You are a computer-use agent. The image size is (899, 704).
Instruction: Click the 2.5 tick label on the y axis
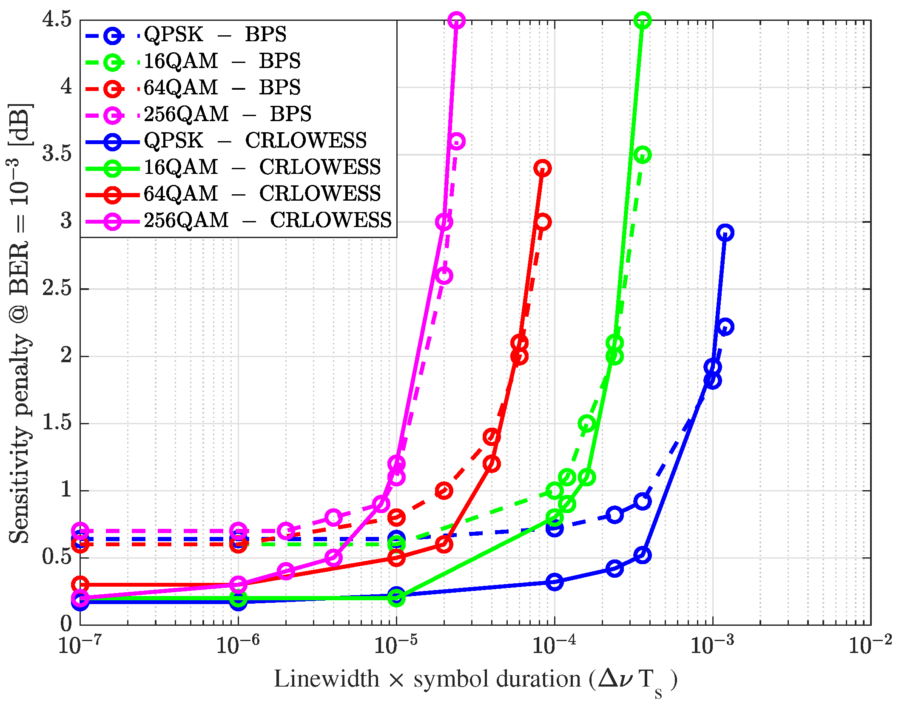coord(57,289)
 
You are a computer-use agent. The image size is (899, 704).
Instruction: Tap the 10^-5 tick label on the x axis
coord(395,645)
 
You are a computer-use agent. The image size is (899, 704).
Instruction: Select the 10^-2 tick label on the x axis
coord(870,645)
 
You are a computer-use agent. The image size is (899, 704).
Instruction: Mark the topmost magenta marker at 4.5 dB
coord(457,20)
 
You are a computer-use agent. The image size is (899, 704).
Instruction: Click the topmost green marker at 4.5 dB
coord(643,20)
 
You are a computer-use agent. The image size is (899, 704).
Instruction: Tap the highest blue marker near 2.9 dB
coord(725,233)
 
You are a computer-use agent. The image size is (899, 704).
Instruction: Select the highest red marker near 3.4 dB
coord(543,168)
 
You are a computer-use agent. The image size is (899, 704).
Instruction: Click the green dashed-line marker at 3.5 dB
coord(643,155)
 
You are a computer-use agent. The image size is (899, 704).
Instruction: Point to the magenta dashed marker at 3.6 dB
coord(457,141)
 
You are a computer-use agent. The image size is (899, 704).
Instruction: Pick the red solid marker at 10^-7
coord(80,585)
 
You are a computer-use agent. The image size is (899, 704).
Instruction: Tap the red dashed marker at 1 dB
coord(444,491)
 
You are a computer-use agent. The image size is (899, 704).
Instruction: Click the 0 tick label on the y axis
coord(66,624)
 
